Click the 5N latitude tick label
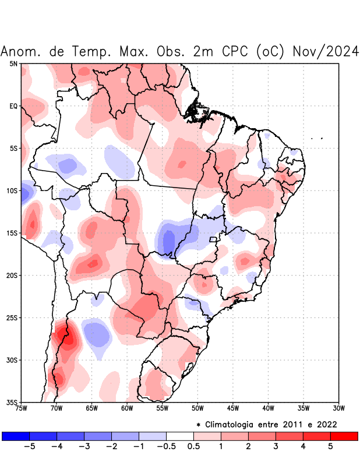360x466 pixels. click(x=13, y=63)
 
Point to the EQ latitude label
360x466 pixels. click(x=13, y=106)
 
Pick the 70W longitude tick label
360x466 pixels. click(x=57, y=408)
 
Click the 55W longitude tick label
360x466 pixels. click(x=163, y=408)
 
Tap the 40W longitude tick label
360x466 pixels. click(x=268, y=408)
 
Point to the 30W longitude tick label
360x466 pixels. click(x=338, y=408)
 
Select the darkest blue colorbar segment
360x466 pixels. click(x=16, y=436)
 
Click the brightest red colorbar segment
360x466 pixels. click(x=344, y=436)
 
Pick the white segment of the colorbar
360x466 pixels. click(x=180, y=436)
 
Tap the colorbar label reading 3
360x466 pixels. click(x=276, y=447)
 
